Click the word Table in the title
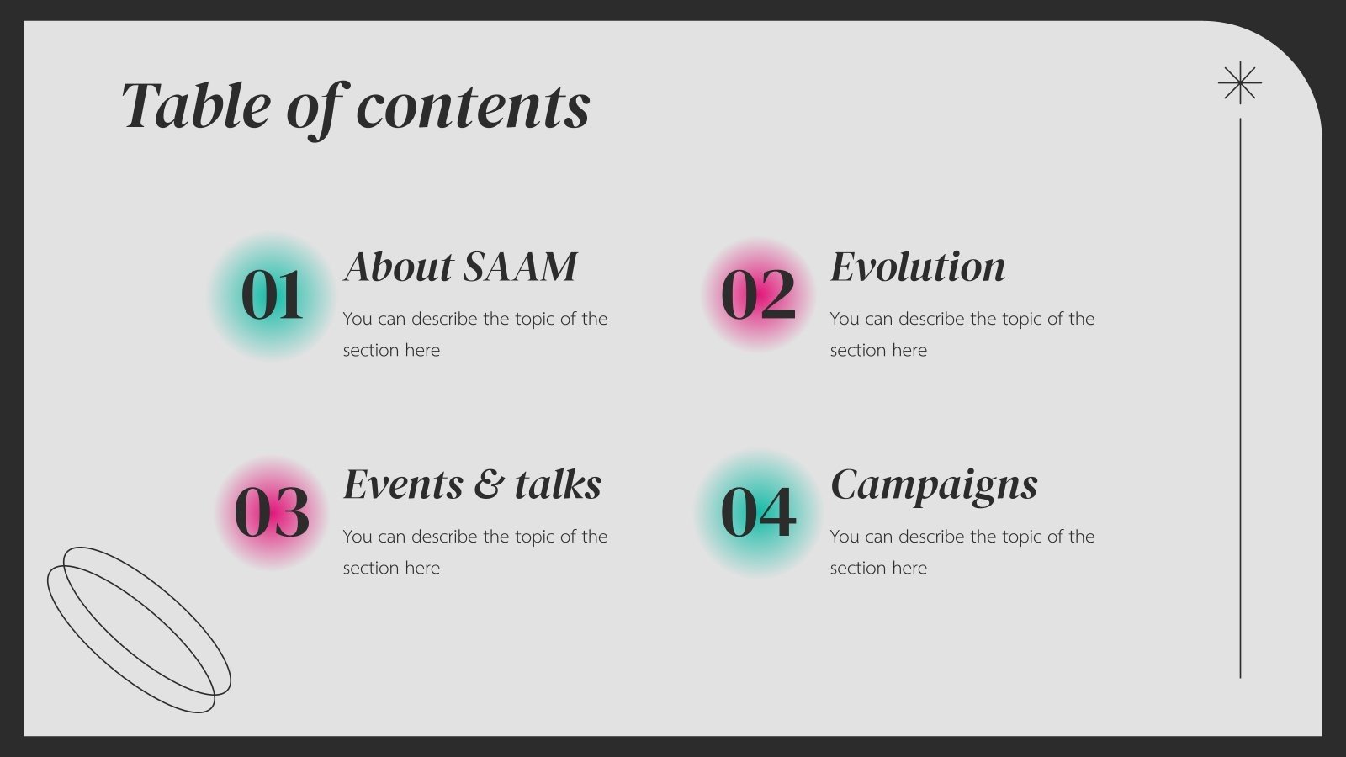coord(195,106)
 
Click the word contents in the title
coord(473,108)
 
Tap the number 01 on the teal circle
coord(272,296)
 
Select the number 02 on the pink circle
coord(758,296)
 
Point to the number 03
coord(272,513)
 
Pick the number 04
coord(758,513)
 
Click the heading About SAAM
coord(460,267)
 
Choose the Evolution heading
coord(917,267)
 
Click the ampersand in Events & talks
coord(489,485)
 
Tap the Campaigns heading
coord(934,485)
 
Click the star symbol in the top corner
coord(1239,83)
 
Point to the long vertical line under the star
coord(1240,395)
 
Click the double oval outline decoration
coord(139,629)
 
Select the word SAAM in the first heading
coord(520,267)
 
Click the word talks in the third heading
coord(559,485)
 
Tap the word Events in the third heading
coord(403,485)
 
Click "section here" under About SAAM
coord(391,350)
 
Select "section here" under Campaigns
coord(878,568)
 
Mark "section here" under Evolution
coord(878,350)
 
